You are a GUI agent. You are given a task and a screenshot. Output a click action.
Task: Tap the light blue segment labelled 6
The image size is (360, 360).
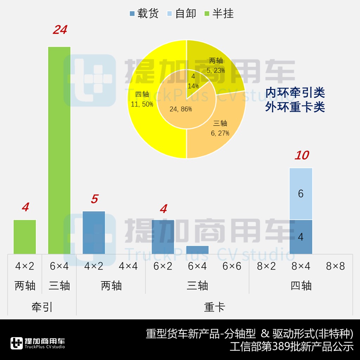pyautogui.click(x=301, y=194)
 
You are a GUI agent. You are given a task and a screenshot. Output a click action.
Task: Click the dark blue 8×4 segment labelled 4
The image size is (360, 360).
pyautogui.click(x=301, y=237)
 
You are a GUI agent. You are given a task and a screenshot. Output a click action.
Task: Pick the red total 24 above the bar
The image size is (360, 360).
pyautogui.click(x=60, y=30)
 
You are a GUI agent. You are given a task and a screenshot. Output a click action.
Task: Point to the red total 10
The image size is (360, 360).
pyautogui.click(x=301, y=155)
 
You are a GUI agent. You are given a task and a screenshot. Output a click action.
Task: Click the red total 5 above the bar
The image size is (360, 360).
pyautogui.click(x=94, y=199)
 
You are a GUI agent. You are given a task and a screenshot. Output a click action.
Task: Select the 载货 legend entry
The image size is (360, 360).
pyautogui.click(x=144, y=14)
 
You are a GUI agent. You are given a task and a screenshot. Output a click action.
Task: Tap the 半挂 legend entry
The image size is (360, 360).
pyautogui.click(x=219, y=14)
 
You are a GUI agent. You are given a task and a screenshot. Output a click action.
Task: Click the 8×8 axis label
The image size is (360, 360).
pyautogui.click(x=335, y=266)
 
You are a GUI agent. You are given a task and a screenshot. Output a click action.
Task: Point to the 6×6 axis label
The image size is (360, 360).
pyautogui.click(x=232, y=266)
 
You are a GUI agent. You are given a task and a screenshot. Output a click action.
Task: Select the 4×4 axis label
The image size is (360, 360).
pyautogui.click(x=128, y=266)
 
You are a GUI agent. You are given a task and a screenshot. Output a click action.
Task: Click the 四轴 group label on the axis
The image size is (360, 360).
pyautogui.click(x=301, y=285)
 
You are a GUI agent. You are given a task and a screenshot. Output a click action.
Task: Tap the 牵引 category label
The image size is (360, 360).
pyautogui.click(x=42, y=307)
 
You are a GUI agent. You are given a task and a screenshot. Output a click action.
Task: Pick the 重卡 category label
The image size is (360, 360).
pyautogui.click(x=214, y=307)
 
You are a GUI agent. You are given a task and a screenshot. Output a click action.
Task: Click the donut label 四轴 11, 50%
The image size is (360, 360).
pyautogui.click(x=142, y=99)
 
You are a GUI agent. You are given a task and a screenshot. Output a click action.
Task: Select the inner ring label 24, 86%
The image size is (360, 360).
pyautogui.click(x=181, y=109)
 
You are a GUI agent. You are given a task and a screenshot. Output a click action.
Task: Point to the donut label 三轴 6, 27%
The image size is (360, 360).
pyautogui.click(x=221, y=128)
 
